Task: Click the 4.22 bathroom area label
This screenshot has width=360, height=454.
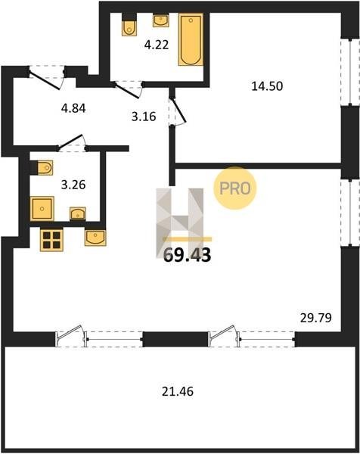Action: coord(157,45)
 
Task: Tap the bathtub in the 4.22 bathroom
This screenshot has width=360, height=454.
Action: coord(191,39)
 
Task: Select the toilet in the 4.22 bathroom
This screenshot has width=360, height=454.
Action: coord(129,25)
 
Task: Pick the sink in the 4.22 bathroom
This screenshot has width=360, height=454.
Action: coord(160,20)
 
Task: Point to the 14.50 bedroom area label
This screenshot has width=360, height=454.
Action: coord(267,86)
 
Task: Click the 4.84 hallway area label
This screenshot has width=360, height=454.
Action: coord(73,108)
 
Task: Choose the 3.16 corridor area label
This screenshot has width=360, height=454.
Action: coord(144,117)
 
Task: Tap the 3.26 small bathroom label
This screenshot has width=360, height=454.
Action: coord(73,185)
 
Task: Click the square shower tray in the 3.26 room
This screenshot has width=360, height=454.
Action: coord(42,209)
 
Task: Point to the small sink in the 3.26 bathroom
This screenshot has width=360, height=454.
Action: coord(78,213)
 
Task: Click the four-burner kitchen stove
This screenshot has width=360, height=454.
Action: coord(51,240)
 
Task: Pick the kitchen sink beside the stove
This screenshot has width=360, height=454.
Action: coord(95,238)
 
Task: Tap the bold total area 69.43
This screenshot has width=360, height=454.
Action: coord(188,255)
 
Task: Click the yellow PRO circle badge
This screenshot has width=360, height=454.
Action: coord(235,188)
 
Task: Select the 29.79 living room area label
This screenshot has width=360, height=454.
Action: coord(315,318)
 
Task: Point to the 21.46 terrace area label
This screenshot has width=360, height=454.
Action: coord(178,392)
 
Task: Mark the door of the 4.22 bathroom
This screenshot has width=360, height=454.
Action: coord(129,89)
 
